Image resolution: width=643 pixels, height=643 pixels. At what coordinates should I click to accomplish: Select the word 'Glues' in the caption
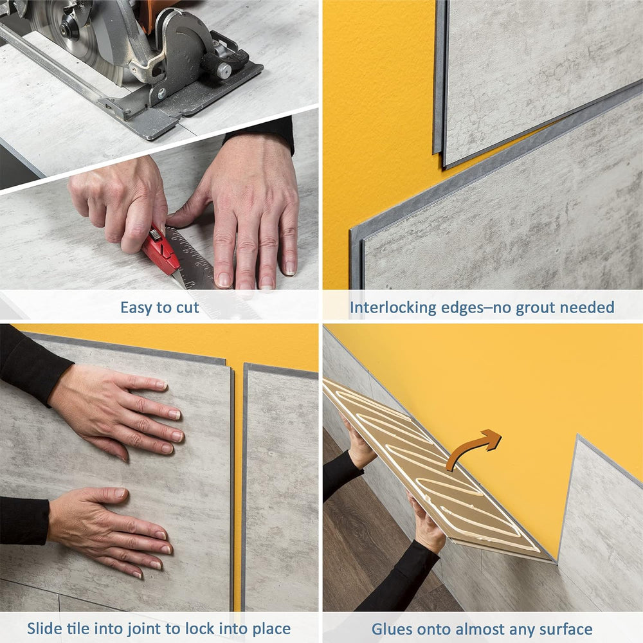(x=393, y=629)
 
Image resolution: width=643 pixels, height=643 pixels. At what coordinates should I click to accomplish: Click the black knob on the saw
(x=222, y=69)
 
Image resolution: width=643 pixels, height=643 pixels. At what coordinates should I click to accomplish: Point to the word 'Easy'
(x=138, y=308)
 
